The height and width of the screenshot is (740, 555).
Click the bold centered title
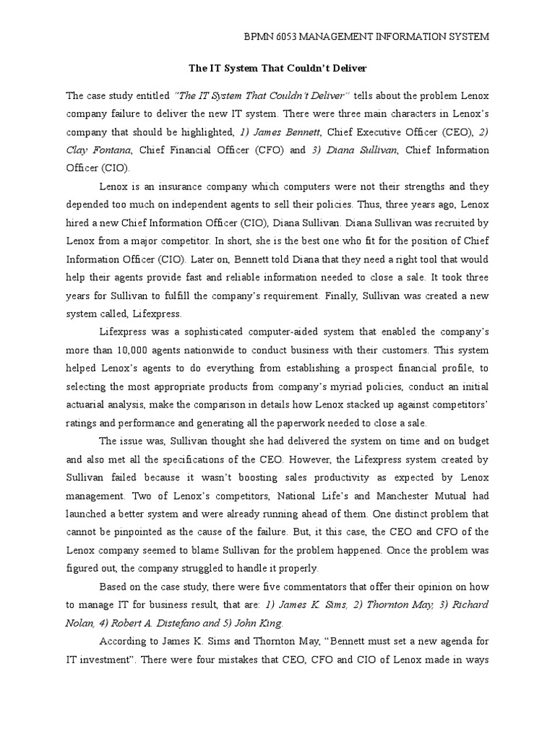pos(277,69)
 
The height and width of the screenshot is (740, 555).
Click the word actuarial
pos(90,405)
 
